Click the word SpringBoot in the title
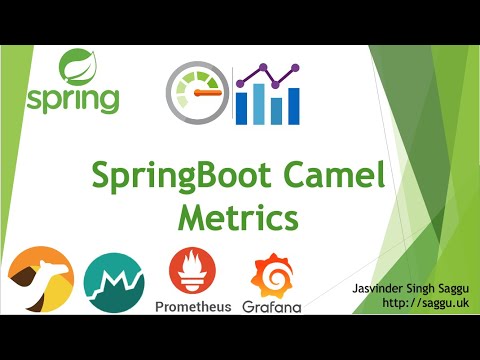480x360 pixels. coord(179,177)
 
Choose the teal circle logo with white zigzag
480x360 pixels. coord(113,281)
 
